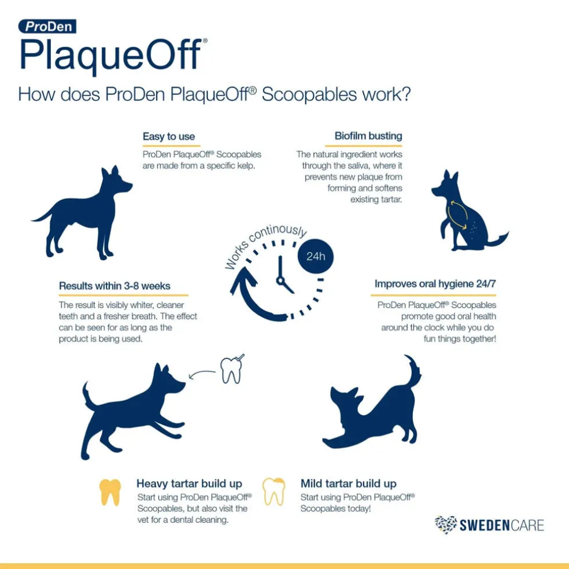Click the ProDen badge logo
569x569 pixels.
tap(47, 26)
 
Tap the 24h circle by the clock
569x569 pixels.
tap(315, 257)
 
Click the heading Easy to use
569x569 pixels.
tap(169, 137)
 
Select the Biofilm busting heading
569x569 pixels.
tap(368, 136)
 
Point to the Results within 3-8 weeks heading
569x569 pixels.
tap(114, 286)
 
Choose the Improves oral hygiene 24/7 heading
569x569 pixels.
tap(435, 284)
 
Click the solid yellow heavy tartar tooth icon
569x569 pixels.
tap(110, 492)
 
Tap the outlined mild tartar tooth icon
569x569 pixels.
tap(274, 492)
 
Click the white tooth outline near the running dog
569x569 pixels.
tap(231, 370)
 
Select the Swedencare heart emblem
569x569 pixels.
tap(446, 524)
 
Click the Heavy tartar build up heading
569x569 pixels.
tap(189, 484)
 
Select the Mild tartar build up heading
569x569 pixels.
tap(348, 484)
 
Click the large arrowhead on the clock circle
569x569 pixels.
tap(242, 280)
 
